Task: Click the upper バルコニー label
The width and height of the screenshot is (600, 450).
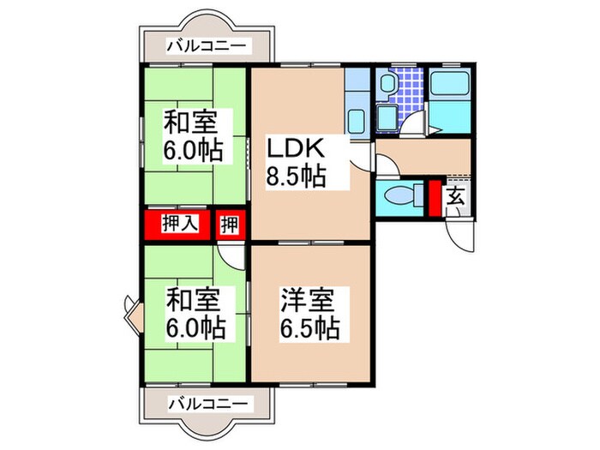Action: tap(207, 45)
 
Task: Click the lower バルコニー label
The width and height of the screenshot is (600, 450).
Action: tap(207, 403)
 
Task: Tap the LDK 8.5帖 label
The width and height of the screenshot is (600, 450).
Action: tap(296, 162)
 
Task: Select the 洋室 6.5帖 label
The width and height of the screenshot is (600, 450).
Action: tap(309, 314)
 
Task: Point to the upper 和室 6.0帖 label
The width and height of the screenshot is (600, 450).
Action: tap(195, 135)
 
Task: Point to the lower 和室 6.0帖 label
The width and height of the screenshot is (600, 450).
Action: tap(195, 314)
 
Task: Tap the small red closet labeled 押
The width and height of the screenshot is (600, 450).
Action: tap(230, 225)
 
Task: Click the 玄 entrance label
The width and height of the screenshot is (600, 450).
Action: tap(455, 196)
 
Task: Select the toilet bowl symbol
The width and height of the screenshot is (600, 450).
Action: tap(398, 196)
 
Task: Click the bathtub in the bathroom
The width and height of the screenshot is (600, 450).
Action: tap(448, 86)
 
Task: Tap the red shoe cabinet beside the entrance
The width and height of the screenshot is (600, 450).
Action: tap(434, 197)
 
